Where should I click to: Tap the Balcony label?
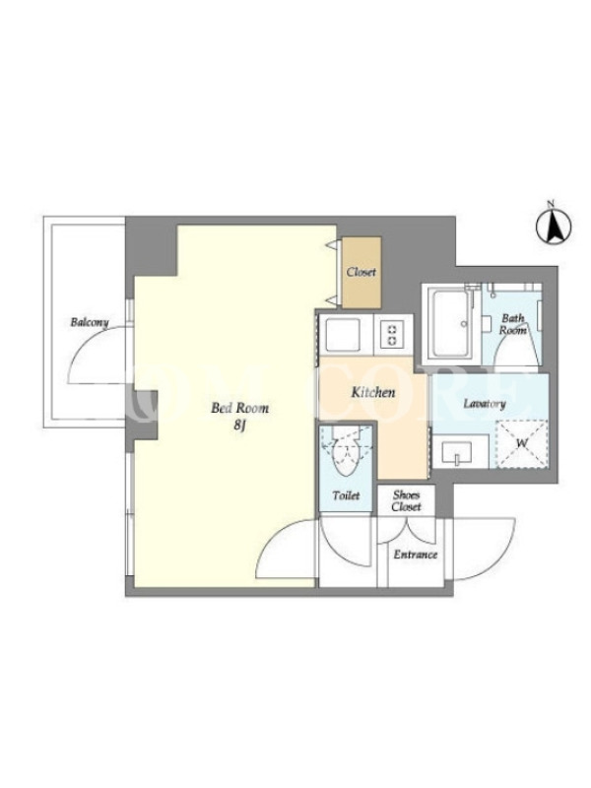(90, 322)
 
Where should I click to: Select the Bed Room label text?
(239, 408)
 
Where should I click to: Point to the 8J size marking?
(239, 426)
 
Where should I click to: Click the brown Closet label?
(361, 272)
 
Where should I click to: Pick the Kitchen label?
(373, 392)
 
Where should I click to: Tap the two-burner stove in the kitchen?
(392, 334)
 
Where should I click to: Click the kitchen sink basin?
(344, 335)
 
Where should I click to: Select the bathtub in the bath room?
(451, 324)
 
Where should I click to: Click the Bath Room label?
(513, 324)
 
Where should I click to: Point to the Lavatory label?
(484, 404)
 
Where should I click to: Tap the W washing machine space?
(522, 444)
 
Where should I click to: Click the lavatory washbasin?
(456, 454)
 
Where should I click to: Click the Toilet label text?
(347, 495)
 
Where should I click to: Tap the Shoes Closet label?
(406, 500)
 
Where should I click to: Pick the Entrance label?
(415, 555)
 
